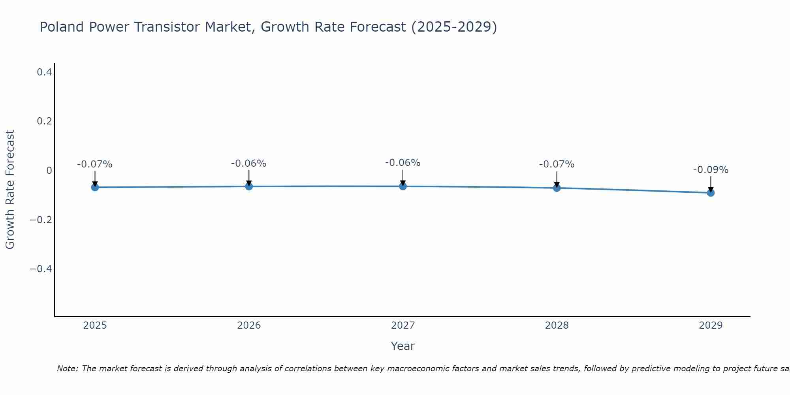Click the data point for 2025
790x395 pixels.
(x=95, y=187)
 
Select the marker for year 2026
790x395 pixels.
(x=249, y=186)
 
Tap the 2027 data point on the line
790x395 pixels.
(x=403, y=186)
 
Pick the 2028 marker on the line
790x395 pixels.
(x=557, y=188)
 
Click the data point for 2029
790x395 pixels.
(x=711, y=193)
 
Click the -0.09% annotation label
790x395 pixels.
(x=711, y=170)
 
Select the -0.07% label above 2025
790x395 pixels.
(x=95, y=164)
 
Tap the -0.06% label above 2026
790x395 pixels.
(x=249, y=164)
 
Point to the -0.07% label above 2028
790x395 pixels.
(x=557, y=164)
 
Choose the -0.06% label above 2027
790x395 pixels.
(x=403, y=163)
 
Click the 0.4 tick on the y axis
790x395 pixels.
(x=44, y=72)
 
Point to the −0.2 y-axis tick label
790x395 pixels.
(x=41, y=220)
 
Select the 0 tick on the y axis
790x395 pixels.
(x=49, y=170)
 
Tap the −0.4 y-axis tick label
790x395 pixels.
(x=41, y=269)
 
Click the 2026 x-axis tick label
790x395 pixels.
(x=249, y=325)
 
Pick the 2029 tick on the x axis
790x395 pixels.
(x=711, y=325)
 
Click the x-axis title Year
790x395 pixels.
(x=403, y=346)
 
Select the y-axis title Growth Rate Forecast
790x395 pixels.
(x=10, y=190)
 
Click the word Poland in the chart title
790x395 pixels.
(x=62, y=27)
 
